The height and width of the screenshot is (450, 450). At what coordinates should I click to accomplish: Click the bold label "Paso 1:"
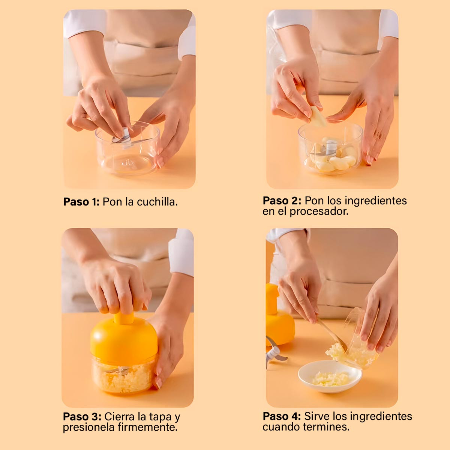click(x=81, y=202)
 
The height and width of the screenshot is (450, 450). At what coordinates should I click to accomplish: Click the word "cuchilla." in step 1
click(x=157, y=202)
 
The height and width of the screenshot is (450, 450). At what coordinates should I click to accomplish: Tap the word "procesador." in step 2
click(x=319, y=211)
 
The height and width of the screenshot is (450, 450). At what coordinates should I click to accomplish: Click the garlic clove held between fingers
click(x=318, y=116)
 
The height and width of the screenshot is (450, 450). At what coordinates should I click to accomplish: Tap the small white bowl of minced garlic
click(x=330, y=376)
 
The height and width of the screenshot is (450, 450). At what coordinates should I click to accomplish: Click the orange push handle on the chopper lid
click(x=124, y=318)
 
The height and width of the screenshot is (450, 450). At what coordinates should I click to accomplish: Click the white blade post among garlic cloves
click(x=331, y=148)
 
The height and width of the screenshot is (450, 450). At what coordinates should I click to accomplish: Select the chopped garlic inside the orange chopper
click(x=124, y=376)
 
